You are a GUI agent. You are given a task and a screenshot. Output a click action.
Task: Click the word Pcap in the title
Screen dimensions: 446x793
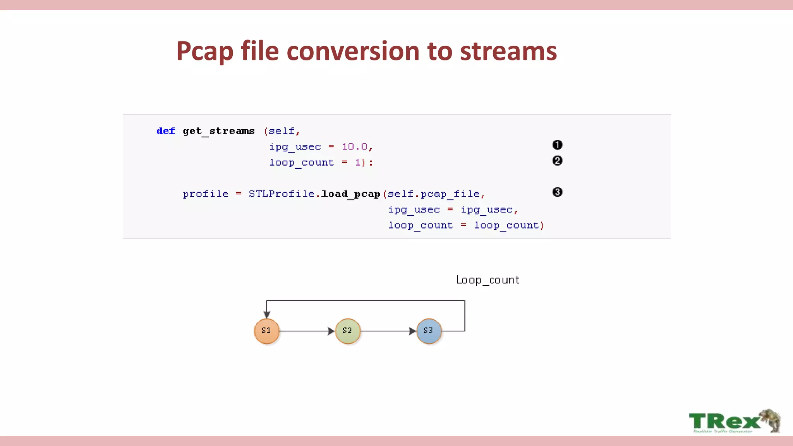(x=205, y=51)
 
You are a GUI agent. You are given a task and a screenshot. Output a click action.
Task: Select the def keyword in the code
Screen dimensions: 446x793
(x=166, y=131)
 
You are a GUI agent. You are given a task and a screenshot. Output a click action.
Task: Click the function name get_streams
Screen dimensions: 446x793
(x=219, y=131)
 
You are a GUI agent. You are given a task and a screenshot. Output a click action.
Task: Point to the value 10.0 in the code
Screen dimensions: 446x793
(x=355, y=147)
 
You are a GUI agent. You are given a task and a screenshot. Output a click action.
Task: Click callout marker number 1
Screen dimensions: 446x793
(x=557, y=145)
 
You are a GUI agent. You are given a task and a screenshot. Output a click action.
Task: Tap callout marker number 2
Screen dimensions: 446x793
(x=557, y=161)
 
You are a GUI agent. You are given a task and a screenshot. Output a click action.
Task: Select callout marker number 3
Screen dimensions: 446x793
(x=557, y=192)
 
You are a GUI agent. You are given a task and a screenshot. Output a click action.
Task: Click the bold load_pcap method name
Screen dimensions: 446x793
(x=350, y=194)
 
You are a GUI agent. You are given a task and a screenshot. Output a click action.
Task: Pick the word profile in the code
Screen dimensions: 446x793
(x=206, y=194)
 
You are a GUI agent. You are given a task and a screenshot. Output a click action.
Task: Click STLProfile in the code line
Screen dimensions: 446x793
(x=281, y=194)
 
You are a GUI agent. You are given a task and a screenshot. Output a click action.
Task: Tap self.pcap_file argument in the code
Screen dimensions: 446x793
(x=434, y=194)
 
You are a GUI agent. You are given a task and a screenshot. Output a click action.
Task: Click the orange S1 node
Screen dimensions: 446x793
(x=266, y=331)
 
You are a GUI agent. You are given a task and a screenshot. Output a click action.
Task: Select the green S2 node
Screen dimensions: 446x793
(x=348, y=331)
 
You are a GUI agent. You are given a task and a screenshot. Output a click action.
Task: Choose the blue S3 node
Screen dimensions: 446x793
(x=429, y=331)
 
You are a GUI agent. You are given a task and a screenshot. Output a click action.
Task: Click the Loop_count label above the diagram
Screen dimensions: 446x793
(x=487, y=280)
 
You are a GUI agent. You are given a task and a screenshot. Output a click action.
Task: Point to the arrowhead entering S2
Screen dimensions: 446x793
(x=331, y=331)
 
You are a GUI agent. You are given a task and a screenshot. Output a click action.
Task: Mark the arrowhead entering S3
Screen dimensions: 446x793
(x=412, y=331)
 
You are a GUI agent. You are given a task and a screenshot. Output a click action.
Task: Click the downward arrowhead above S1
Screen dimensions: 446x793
(x=267, y=314)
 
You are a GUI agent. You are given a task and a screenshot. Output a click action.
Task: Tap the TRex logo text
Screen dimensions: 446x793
(x=724, y=421)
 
